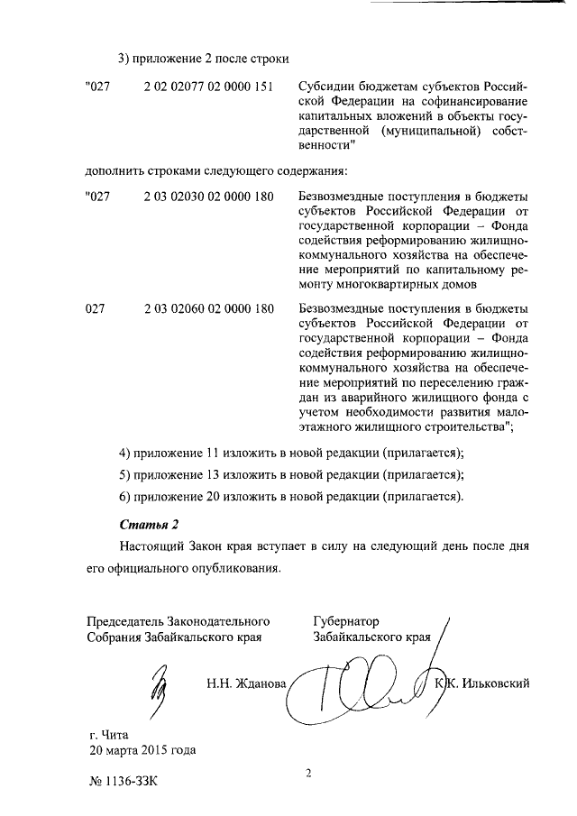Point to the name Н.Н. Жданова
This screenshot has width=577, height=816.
point(247,683)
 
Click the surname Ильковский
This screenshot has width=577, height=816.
point(495,683)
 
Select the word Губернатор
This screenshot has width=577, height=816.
point(346,621)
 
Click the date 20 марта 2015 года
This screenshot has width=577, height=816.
point(142,750)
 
